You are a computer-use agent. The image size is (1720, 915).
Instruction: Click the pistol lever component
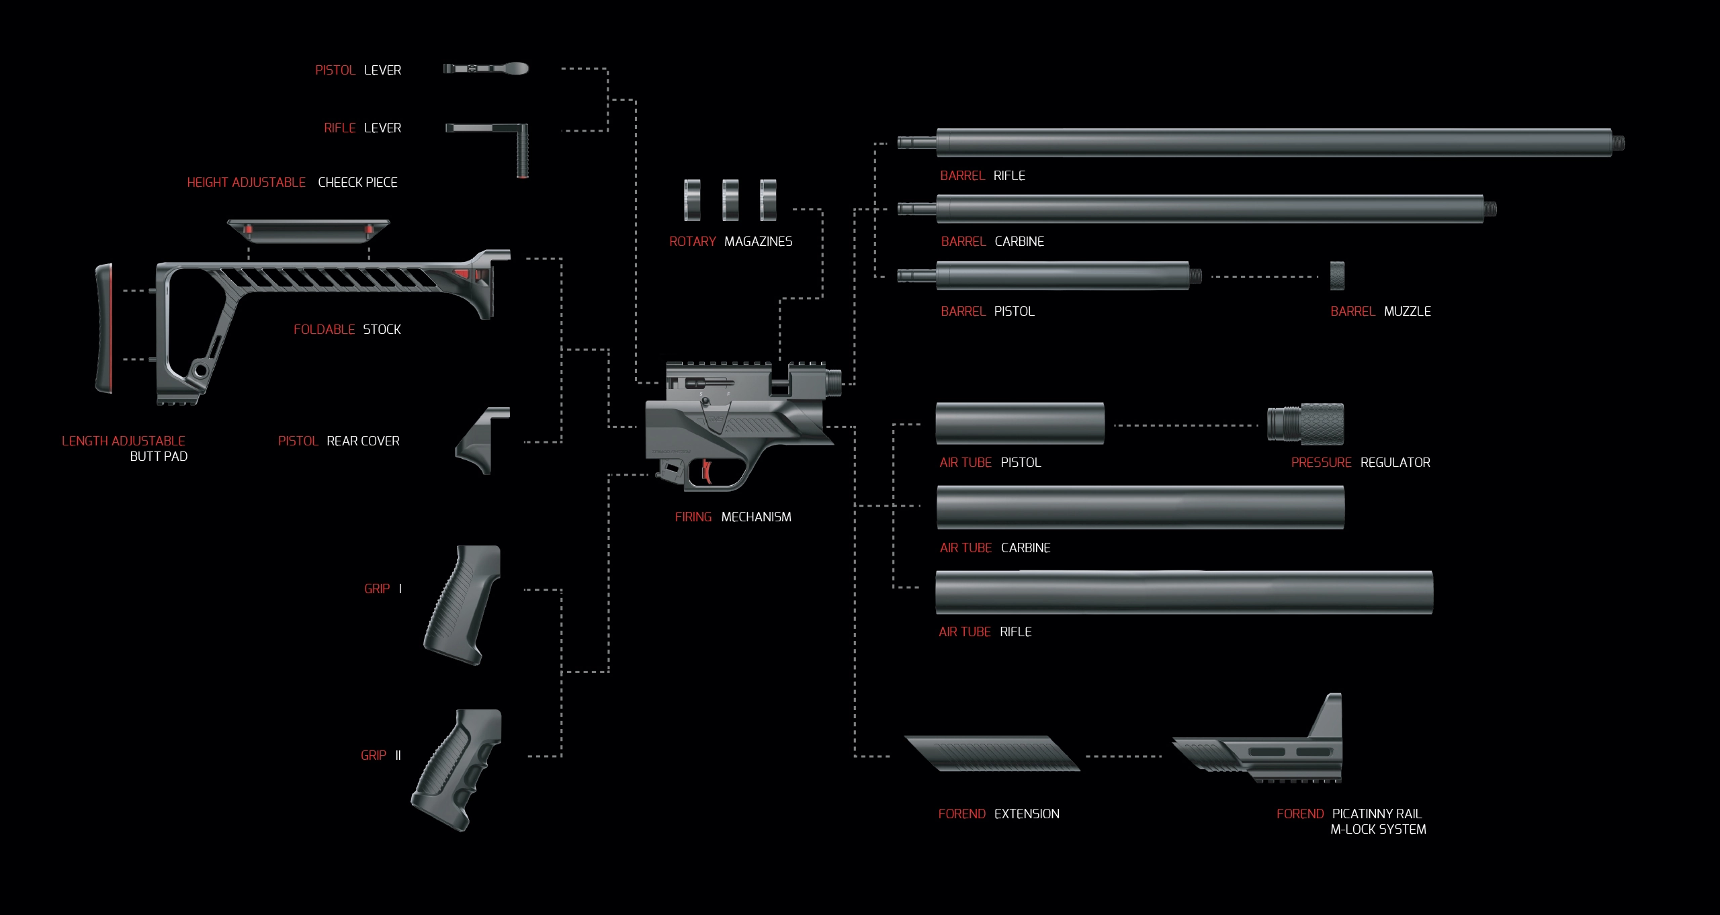click(x=485, y=69)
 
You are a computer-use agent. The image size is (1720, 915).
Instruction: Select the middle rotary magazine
click(x=730, y=200)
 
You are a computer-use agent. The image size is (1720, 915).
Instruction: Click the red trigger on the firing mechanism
click(x=707, y=471)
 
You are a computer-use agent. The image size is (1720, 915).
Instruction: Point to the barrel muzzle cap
click(x=1337, y=276)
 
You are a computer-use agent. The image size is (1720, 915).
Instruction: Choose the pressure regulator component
click(x=1305, y=425)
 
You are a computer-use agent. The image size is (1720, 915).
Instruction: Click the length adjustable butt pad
click(x=104, y=328)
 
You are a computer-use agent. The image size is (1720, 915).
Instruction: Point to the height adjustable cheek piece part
click(x=308, y=230)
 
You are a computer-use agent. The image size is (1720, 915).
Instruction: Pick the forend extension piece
click(x=992, y=753)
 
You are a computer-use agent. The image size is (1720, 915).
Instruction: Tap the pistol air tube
click(x=1019, y=423)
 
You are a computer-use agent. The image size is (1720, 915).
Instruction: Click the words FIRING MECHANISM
click(x=733, y=517)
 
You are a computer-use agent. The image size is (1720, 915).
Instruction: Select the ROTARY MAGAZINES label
click(x=730, y=241)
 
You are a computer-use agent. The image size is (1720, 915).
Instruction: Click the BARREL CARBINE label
click(x=992, y=241)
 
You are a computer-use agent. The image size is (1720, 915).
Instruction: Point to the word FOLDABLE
click(x=324, y=329)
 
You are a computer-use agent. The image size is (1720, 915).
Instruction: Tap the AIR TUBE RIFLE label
click(x=985, y=631)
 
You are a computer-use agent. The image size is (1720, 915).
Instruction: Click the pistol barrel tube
click(x=1062, y=276)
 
